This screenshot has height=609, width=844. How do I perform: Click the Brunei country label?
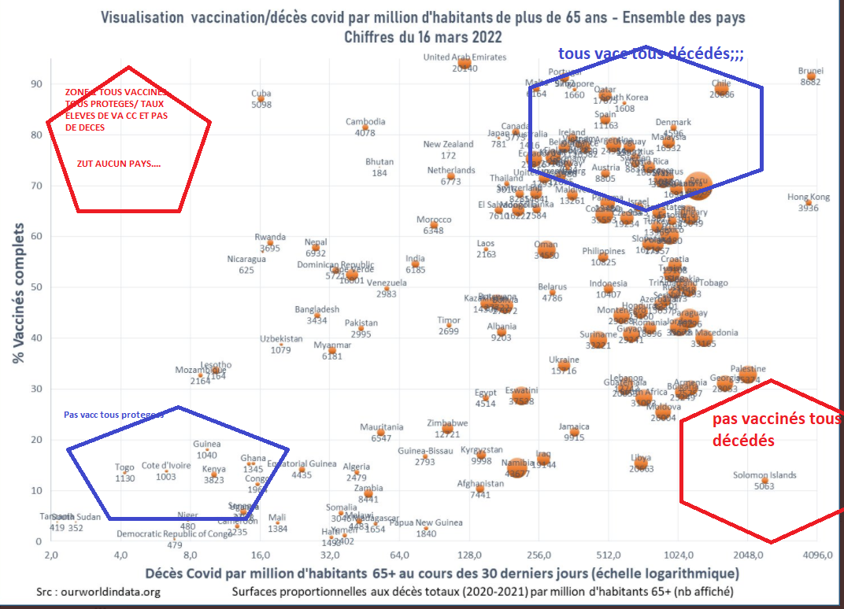(810, 71)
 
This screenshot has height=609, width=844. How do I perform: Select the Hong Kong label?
(809, 197)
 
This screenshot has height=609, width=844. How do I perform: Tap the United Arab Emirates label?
(465, 57)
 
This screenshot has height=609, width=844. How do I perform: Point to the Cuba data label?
(261, 94)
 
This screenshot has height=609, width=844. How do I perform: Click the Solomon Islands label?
(764, 475)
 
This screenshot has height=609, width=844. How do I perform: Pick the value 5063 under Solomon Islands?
(764, 486)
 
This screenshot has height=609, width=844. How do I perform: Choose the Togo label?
(124, 468)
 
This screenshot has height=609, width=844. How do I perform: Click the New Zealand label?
(448, 145)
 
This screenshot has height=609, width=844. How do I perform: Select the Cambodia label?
(365, 122)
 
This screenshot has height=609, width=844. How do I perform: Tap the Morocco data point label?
(434, 220)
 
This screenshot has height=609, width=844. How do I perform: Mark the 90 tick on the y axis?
(36, 84)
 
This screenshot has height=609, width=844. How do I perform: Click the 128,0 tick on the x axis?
(469, 555)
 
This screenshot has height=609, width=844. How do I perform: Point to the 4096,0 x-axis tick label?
(817, 555)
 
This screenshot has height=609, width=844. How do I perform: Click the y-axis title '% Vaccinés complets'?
(17, 290)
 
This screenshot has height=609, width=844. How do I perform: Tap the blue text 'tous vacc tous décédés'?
(650, 54)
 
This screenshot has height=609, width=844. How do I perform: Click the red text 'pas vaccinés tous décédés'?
(776, 430)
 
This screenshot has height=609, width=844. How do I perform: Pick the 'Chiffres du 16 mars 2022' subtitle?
(423, 37)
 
